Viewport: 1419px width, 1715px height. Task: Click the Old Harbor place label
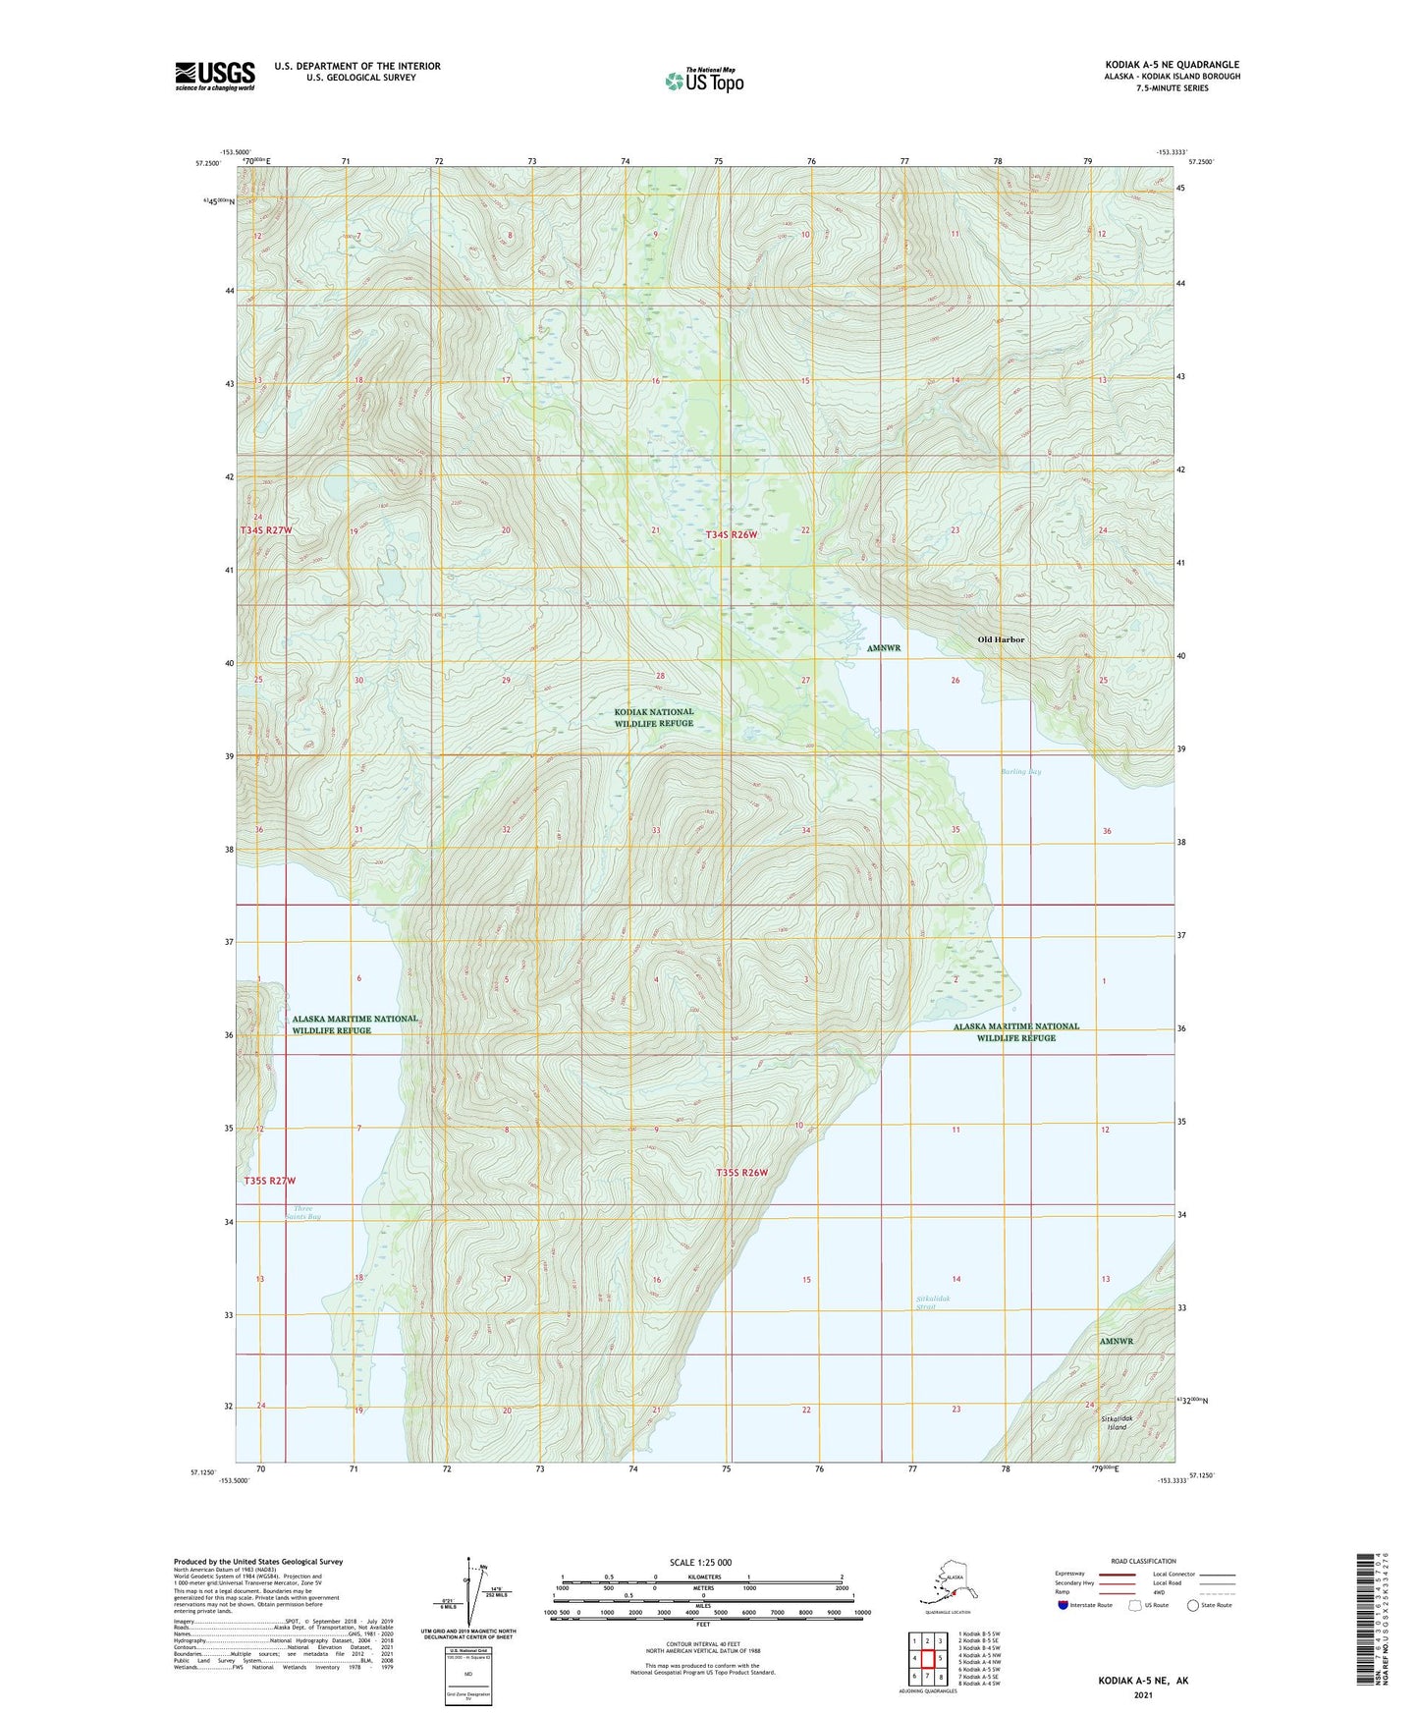tap(1001, 639)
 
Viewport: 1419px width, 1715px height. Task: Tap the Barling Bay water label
tap(1021, 771)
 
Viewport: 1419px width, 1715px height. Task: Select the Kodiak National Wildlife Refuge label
tap(654, 717)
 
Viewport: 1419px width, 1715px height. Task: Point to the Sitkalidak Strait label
tap(933, 1302)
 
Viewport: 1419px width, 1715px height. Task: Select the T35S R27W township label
tap(269, 1180)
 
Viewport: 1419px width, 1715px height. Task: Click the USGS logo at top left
tap(215, 76)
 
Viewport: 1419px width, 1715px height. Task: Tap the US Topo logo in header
tap(704, 81)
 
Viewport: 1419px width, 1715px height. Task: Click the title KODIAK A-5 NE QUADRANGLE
tap(1172, 65)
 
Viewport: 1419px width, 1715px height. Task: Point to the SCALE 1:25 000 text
tap(700, 1563)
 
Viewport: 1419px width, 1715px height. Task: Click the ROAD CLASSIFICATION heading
tap(1143, 1561)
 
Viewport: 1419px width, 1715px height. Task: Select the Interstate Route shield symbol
tap(1064, 1605)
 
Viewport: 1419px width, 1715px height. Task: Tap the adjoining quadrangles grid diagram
tap(927, 1659)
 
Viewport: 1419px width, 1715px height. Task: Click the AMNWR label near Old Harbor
tap(884, 648)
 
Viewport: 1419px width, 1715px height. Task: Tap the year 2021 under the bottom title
tap(1142, 1694)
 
